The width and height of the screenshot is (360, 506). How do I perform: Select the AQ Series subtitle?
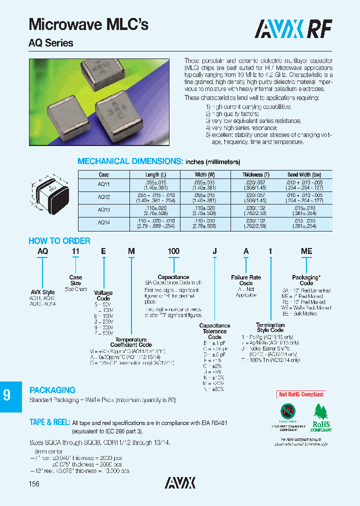pos(50,43)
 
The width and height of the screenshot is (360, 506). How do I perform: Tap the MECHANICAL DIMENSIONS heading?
pos(130,161)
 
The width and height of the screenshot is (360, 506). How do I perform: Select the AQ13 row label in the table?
pos(103,210)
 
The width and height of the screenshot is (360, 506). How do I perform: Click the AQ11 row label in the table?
pos(103,184)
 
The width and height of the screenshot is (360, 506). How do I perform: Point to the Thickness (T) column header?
pos(259,174)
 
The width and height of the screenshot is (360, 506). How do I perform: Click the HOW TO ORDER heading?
pos(59,241)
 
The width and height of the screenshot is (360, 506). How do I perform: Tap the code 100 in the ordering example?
pos(173,251)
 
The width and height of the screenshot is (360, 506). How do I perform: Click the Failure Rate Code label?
pos(246,280)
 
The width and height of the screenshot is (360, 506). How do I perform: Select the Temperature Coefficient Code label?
pos(131,342)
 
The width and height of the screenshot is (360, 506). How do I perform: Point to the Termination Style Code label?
pos(270,327)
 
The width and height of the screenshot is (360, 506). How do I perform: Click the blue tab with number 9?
pos(7,396)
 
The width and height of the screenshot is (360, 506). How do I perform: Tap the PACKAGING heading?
pos(52,390)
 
